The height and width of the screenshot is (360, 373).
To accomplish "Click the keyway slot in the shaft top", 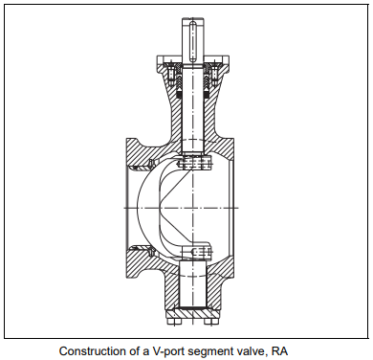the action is [x=193, y=40].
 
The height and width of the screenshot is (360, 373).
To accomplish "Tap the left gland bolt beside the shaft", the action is [x=171, y=75].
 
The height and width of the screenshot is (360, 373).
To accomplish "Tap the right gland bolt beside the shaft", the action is [x=214, y=75].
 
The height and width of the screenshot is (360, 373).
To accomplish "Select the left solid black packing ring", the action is [x=179, y=95].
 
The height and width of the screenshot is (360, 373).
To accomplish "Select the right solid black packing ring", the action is [x=207, y=95].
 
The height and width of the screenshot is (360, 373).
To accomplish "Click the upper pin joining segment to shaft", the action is [x=194, y=163].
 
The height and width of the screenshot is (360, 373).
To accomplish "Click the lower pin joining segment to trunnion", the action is [x=197, y=252].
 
